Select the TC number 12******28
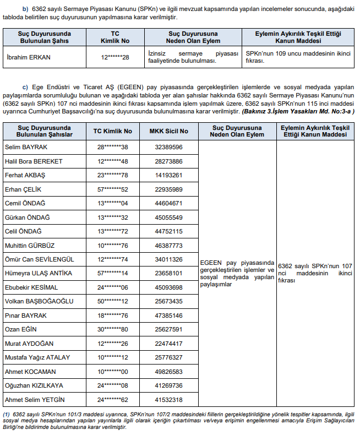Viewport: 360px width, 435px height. coord(115,57)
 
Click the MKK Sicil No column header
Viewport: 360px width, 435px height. coord(168,131)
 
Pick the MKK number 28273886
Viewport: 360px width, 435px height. coord(168,161)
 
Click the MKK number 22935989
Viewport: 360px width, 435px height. coord(168,189)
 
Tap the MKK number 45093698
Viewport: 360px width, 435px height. coord(168,287)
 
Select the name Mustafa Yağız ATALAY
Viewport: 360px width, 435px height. coord(37,357)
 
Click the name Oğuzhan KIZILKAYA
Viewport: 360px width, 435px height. coord(34,385)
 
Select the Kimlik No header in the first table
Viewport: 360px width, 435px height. coord(114,41)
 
